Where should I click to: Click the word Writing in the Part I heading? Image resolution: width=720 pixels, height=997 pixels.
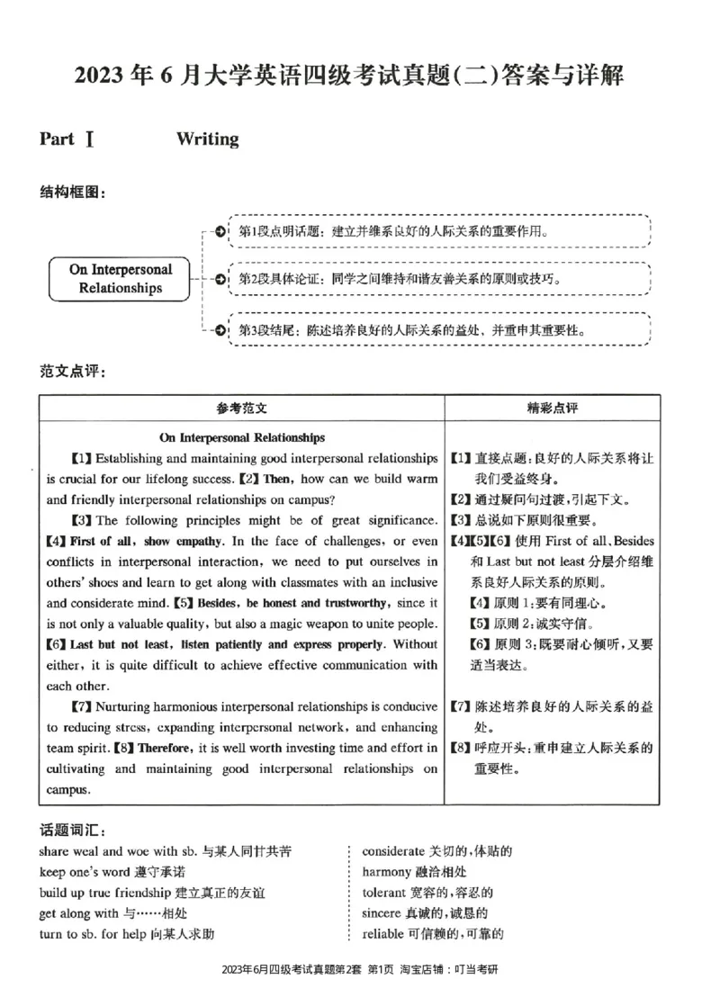click(x=208, y=139)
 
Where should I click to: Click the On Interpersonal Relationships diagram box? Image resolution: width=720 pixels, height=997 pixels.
click(x=121, y=278)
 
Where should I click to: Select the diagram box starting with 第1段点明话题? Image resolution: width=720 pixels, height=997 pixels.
click(x=439, y=232)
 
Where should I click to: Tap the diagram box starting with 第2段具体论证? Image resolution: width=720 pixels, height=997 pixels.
click(x=439, y=279)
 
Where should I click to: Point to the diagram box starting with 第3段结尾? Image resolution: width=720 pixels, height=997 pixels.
click(x=439, y=330)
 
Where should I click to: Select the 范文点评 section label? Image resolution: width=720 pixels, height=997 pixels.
click(x=73, y=371)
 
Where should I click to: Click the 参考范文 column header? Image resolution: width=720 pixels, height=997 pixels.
click(x=241, y=408)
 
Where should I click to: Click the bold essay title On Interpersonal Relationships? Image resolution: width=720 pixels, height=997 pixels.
click(x=241, y=438)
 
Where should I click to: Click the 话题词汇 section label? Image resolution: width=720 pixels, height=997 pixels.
click(x=73, y=829)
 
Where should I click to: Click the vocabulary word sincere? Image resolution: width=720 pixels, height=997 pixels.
click(x=383, y=913)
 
